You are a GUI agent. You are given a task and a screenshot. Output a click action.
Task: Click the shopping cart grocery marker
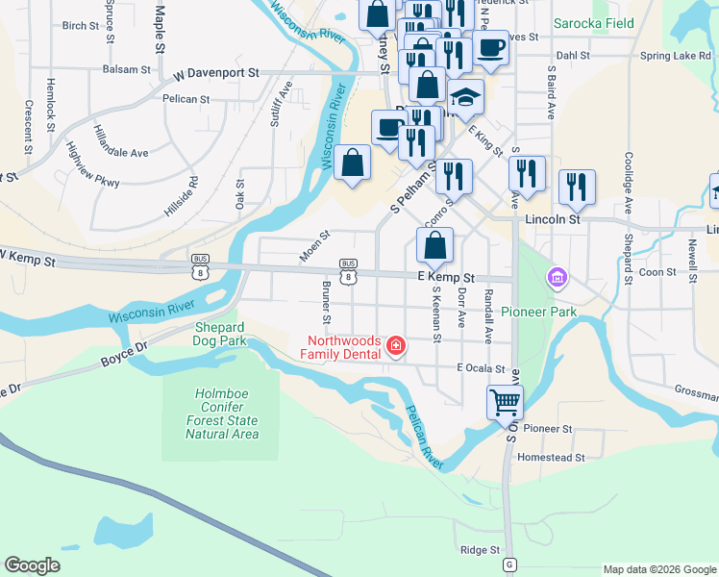(505, 401)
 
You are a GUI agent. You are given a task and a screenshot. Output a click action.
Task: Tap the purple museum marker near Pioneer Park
(556, 279)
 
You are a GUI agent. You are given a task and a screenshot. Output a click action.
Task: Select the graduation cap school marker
(465, 97)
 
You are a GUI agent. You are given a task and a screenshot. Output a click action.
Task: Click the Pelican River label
(423, 438)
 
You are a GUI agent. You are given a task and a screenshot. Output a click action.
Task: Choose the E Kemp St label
(446, 276)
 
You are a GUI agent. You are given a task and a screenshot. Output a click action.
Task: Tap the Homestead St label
(551, 458)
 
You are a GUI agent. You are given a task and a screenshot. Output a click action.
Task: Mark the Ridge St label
(480, 550)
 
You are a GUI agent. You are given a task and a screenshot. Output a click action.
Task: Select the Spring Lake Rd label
(679, 57)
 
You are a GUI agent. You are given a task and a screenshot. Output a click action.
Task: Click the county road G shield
(509, 564)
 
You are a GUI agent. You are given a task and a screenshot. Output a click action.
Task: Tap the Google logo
(33, 565)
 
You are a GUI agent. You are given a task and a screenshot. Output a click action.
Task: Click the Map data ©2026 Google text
(658, 569)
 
